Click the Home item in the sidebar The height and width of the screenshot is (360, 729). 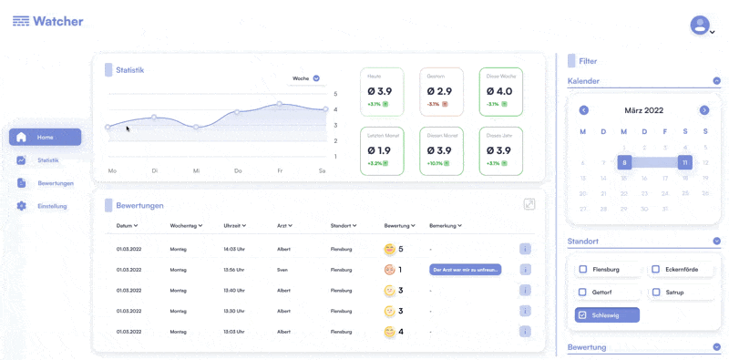point(45,137)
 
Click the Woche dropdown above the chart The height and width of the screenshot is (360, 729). point(305,78)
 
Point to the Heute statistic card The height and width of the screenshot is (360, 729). point(384,91)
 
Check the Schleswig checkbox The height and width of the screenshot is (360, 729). point(582,315)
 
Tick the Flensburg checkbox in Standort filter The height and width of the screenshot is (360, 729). point(582,270)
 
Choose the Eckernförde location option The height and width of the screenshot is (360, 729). point(656,270)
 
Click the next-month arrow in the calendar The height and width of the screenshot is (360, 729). point(704,110)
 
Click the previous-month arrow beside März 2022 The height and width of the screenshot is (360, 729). point(584,110)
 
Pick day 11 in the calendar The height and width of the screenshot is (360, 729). point(684,162)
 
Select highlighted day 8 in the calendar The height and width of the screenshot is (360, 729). point(624,162)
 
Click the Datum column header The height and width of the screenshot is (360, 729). point(127,225)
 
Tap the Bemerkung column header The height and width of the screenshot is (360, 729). point(446,225)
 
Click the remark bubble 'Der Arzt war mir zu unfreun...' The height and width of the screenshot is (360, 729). point(465,270)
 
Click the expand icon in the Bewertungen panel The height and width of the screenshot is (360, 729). point(529,204)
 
